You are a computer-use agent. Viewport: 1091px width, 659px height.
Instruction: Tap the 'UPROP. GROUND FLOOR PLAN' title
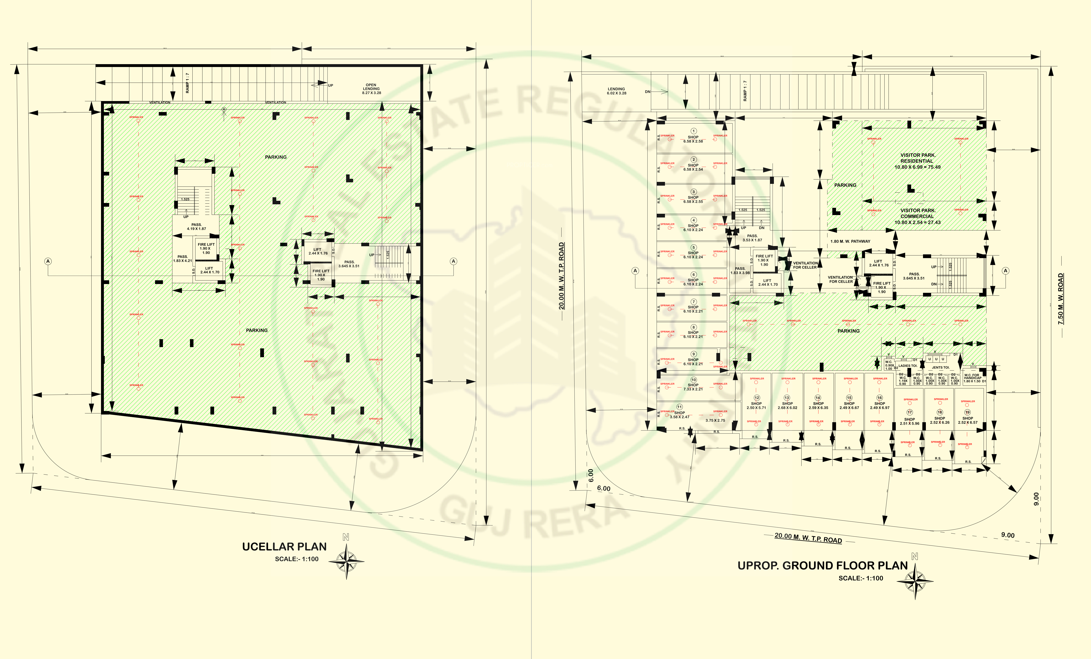pyautogui.click(x=822, y=566)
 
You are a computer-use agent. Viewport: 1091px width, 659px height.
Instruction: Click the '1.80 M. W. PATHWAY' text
pyautogui.click(x=850, y=241)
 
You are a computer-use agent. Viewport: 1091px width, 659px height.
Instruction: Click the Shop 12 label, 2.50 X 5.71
pyautogui.click(x=756, y=405)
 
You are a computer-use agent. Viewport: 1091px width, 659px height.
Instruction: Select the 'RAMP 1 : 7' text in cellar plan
pyautogui.click(x=187, y=83)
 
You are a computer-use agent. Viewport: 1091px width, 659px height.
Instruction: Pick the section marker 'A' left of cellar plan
pyautogui.click(x=48, y=261)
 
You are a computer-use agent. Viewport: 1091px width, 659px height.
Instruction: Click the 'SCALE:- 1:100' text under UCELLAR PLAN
pyautogui.click(x=297, y=559)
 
